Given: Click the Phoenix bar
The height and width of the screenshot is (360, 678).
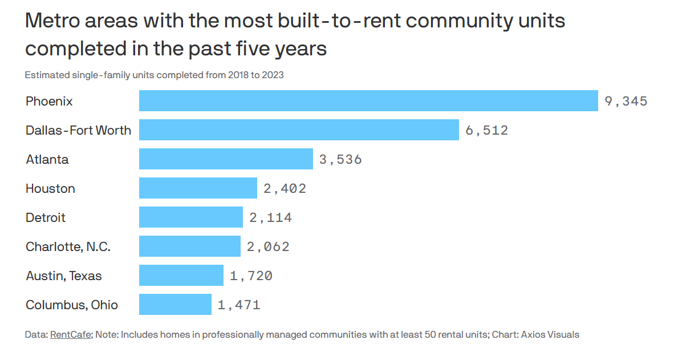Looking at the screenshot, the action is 368,101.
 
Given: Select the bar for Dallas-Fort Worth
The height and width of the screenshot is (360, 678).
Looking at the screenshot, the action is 299,130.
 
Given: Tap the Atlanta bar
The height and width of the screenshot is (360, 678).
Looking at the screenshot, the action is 226,159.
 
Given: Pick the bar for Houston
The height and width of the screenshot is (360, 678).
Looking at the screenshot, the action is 198,188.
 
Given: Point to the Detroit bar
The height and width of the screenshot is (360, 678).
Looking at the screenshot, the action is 190,217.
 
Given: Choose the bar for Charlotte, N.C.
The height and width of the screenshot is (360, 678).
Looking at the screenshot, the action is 190,246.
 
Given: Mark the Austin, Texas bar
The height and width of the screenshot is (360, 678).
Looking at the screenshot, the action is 181,275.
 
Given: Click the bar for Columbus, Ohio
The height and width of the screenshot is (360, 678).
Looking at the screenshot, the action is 175,304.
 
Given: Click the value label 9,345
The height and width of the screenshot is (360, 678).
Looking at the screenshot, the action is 626,101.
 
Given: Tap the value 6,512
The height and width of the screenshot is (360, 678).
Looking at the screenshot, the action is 486,130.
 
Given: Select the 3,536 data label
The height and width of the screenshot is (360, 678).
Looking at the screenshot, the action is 340,159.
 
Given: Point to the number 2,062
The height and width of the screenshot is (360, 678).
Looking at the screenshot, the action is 268,246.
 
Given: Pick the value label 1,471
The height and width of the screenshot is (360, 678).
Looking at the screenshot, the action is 239,305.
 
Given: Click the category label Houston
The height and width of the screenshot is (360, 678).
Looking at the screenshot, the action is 50,189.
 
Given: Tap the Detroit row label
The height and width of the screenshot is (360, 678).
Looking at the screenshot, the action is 46,217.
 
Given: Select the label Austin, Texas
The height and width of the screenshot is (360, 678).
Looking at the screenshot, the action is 63,276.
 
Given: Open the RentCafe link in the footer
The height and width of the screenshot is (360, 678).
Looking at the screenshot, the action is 71,334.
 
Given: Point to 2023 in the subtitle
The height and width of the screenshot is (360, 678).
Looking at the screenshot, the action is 273,75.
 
